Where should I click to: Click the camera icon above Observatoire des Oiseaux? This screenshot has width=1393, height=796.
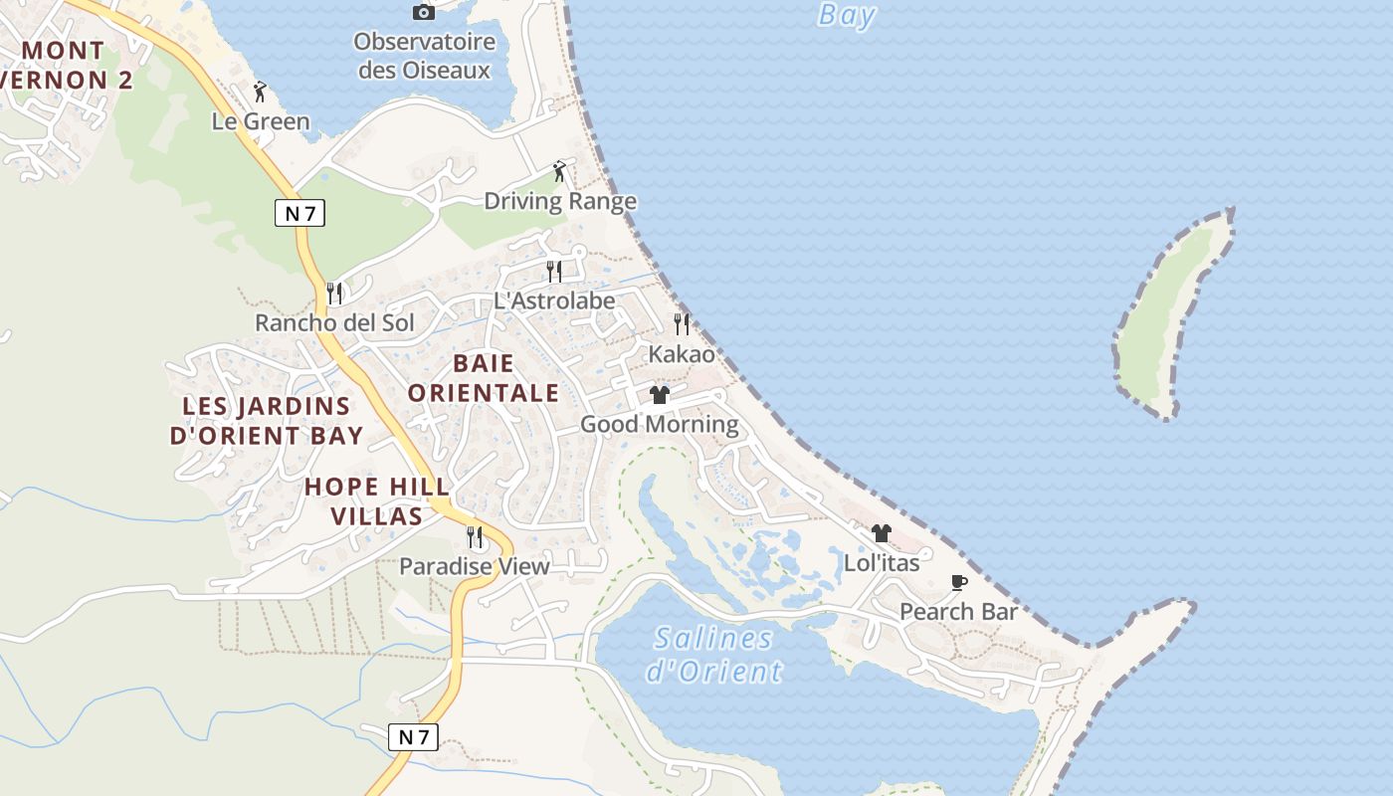point(423,12)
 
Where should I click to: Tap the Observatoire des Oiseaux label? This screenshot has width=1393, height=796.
point(425,56)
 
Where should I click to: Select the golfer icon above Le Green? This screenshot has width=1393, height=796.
point(261,92)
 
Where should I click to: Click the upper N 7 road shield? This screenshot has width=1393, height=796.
point(299,212)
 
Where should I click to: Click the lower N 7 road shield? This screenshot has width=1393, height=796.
point(413,737)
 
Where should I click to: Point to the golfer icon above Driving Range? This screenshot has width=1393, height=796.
point(559,171)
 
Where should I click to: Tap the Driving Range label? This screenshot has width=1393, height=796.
point(559,201)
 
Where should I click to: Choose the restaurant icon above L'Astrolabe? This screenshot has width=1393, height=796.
point(554,271)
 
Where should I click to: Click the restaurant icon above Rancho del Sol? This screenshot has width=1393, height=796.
point(334,293)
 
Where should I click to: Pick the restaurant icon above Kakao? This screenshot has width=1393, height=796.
point(682,323)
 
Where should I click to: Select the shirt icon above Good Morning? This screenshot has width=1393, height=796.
point(659,395)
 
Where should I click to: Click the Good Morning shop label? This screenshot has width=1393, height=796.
point(659,425)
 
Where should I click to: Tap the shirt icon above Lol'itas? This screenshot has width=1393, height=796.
point(881,533)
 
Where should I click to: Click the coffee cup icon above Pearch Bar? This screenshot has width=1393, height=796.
point(958,582)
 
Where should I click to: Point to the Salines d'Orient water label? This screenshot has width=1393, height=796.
point(713,654)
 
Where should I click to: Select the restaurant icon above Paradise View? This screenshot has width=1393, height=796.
point(475,537)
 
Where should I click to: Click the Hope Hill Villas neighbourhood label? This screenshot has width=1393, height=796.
point(377,500)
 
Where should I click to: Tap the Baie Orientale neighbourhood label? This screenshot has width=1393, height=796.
point(484,378)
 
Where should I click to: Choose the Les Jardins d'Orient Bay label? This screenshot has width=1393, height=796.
point(267,421)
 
